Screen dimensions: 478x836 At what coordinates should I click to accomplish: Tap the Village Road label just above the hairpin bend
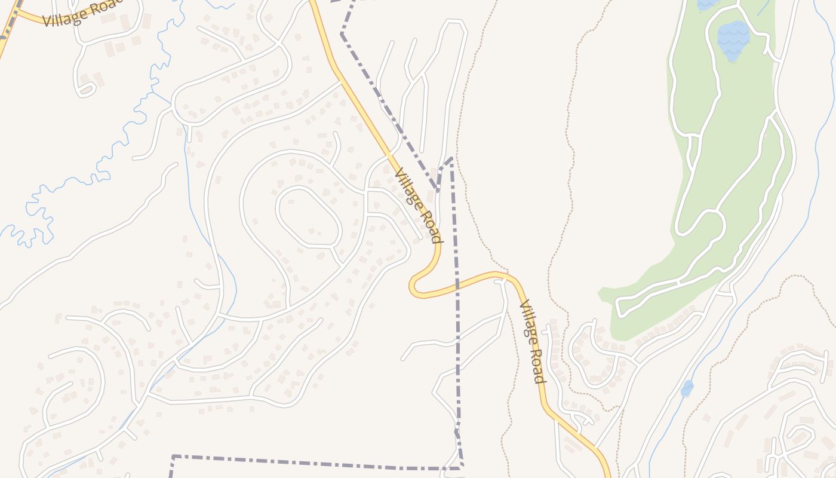coord(418,205)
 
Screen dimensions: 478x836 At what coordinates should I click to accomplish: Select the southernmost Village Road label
coord(532,342)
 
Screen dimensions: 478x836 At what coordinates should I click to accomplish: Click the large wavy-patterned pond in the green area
coord(733,40)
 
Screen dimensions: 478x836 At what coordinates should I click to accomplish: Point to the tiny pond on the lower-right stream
coord(687,388)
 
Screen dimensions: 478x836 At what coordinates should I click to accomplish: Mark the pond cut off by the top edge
coord(708,4)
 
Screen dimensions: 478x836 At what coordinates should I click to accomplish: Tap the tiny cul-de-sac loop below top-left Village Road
coord(85,91)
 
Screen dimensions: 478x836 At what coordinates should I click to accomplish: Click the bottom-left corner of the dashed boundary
coord(173,456)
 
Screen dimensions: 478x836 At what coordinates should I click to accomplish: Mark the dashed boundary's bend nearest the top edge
coord(342,33)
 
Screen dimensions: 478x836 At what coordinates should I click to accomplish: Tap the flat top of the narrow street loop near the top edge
coord(454,22)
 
